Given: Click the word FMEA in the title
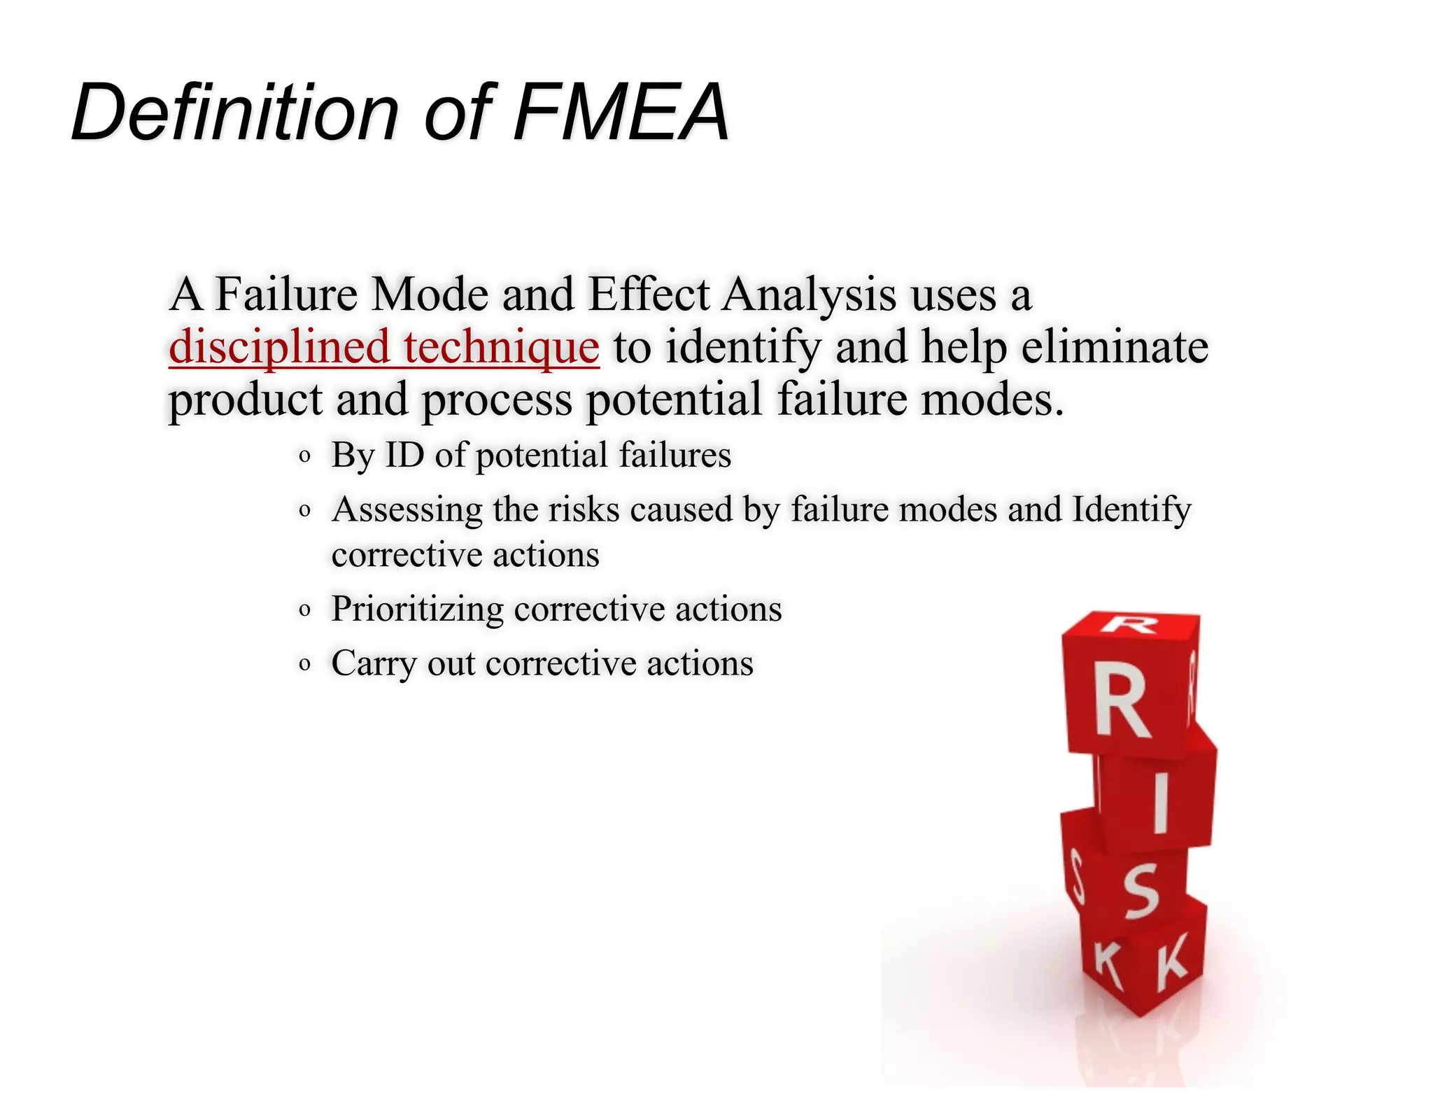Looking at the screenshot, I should pyautogui.click(x=621, y=112).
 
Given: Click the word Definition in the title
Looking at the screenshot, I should pyautogui.click(x=234, y=112).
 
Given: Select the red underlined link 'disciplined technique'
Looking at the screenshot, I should pyautogui.click(x=383, y=347).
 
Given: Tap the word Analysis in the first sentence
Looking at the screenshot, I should pyautogui.click(x=809, y=295).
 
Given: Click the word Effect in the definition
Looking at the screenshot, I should pyautogui.click(x=649, y=294).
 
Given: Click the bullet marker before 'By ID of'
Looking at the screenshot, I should pyautogui.click(x=304, y=457).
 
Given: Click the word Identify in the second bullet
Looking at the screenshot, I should pyautogui.click(x=1131, y=510).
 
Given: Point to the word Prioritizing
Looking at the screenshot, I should pyautogui.click(x=417, y=609).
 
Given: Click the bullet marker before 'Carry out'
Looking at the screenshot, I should pyautogui.click(x=304, y=663).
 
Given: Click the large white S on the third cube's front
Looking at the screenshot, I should pyautogui.click(x=1142, y=890).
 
